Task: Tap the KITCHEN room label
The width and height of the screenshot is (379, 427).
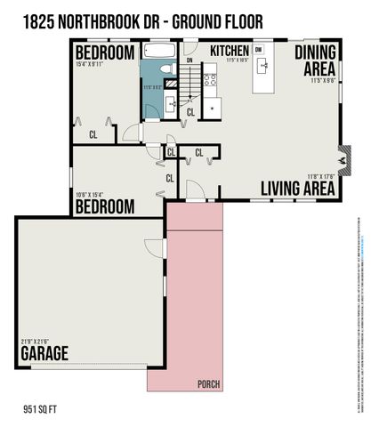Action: pyautogui.click(x=230, y=52)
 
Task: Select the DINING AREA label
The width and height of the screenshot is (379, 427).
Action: pyautogui.click(x=314, y=61)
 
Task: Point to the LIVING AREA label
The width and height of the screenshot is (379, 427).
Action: pyautogui.click(x=297, y=189)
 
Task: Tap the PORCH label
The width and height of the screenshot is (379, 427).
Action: pyautogui.click(x=209, y=384)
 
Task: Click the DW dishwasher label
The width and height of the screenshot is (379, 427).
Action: pyautogui.click(x=258, y=51)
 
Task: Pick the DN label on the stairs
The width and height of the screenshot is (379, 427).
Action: pyautogui.click(x=189, y=61)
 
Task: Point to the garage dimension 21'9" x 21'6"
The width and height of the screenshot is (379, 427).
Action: pyautogui.click(x=33, y=342)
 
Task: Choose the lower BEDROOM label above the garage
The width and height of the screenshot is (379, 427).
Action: pyautogui.click(x=104, y=207)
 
